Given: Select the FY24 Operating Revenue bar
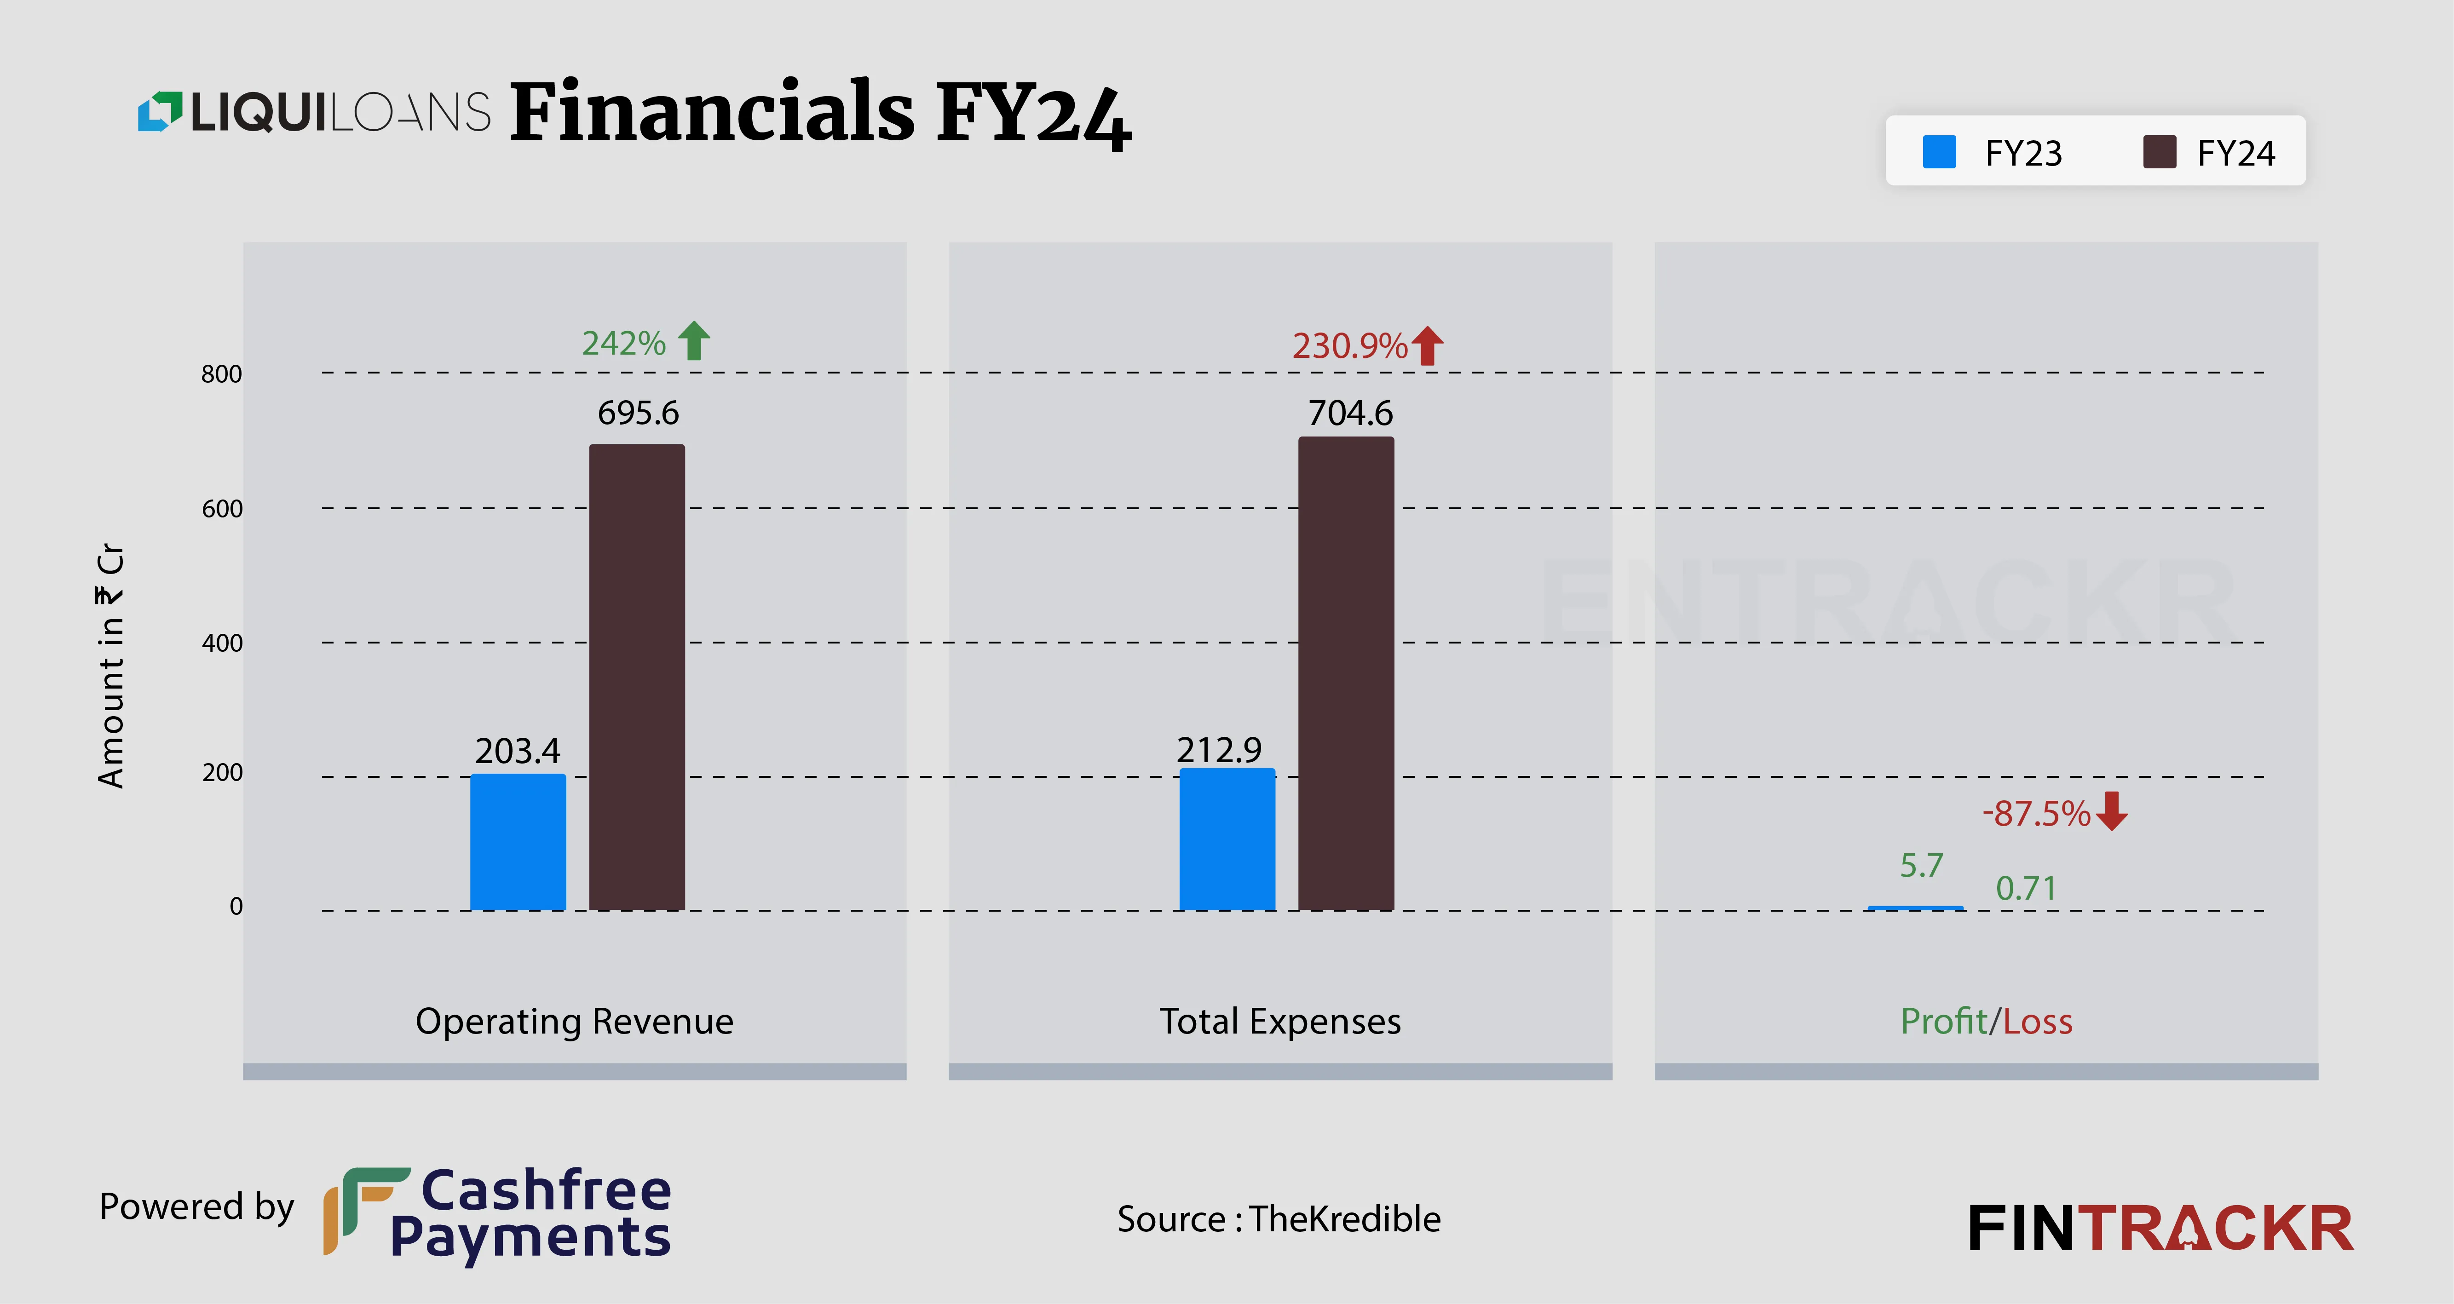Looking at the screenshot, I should pos(636,676).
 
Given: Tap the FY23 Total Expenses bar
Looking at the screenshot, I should pos(1227,838).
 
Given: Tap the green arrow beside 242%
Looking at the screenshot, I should pos(695,340).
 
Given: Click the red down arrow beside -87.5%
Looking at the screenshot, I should pos(2112,810).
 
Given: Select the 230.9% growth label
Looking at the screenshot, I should pos(1349,345).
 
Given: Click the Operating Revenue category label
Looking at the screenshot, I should pos(575,1021).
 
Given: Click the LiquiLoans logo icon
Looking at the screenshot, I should pos(159,111).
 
